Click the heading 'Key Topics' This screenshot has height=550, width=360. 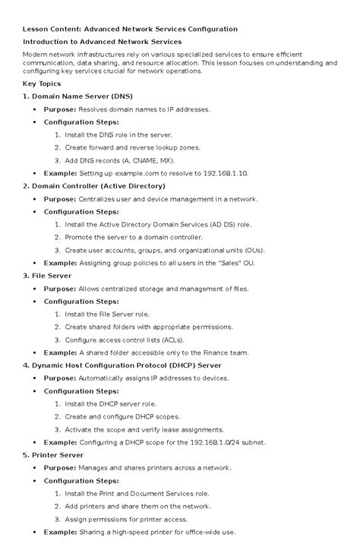click(44, 84)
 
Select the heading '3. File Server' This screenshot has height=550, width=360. click(47, 276)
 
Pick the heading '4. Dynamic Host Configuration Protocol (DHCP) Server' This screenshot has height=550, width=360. click(122, 365)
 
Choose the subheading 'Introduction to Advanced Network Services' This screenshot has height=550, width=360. click(102, 41)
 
